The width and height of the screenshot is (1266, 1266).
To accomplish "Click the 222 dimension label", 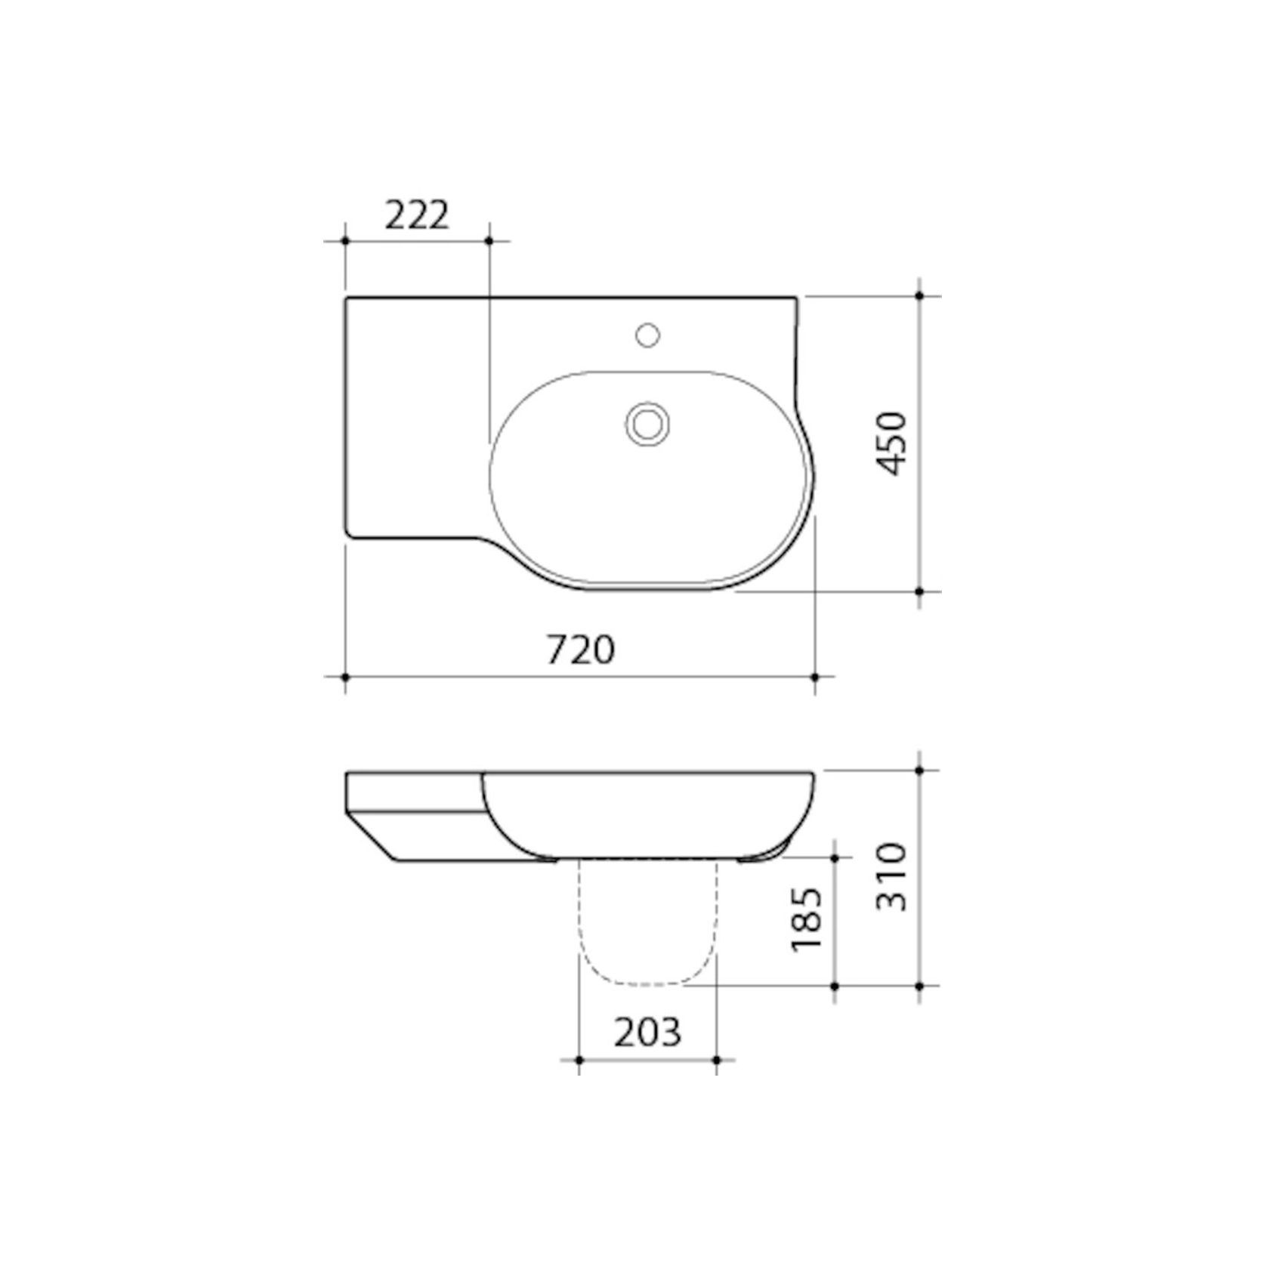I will coord(417,216).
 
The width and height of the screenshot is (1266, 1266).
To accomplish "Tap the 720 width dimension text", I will coord(580,650).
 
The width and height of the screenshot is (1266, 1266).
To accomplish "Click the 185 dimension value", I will coord(806,919).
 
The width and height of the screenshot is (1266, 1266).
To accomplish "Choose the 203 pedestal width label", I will coord(647,1032).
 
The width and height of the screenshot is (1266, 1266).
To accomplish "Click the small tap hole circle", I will coord(647,335).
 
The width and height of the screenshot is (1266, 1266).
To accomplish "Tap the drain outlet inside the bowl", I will coord(647,423).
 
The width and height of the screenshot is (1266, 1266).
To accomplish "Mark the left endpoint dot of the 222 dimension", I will coord(345,241).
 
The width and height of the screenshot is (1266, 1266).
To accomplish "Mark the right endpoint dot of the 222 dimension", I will coord(489,241).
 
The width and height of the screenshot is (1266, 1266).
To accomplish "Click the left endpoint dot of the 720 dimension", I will coord(345,678).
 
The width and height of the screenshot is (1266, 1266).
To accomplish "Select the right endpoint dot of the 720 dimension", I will coord(815,678).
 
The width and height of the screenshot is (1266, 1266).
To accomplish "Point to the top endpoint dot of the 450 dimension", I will coord(919,297).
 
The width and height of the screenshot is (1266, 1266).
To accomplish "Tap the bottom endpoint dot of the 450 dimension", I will coord(919,591).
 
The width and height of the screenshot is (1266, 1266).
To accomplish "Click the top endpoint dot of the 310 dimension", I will coord(919,770).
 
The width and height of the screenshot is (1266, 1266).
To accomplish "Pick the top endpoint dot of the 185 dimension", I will coord(835,857).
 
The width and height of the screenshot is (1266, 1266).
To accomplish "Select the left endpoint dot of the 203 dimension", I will coord(579,1060).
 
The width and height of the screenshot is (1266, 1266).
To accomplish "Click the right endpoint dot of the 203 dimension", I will coord(717,1060).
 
